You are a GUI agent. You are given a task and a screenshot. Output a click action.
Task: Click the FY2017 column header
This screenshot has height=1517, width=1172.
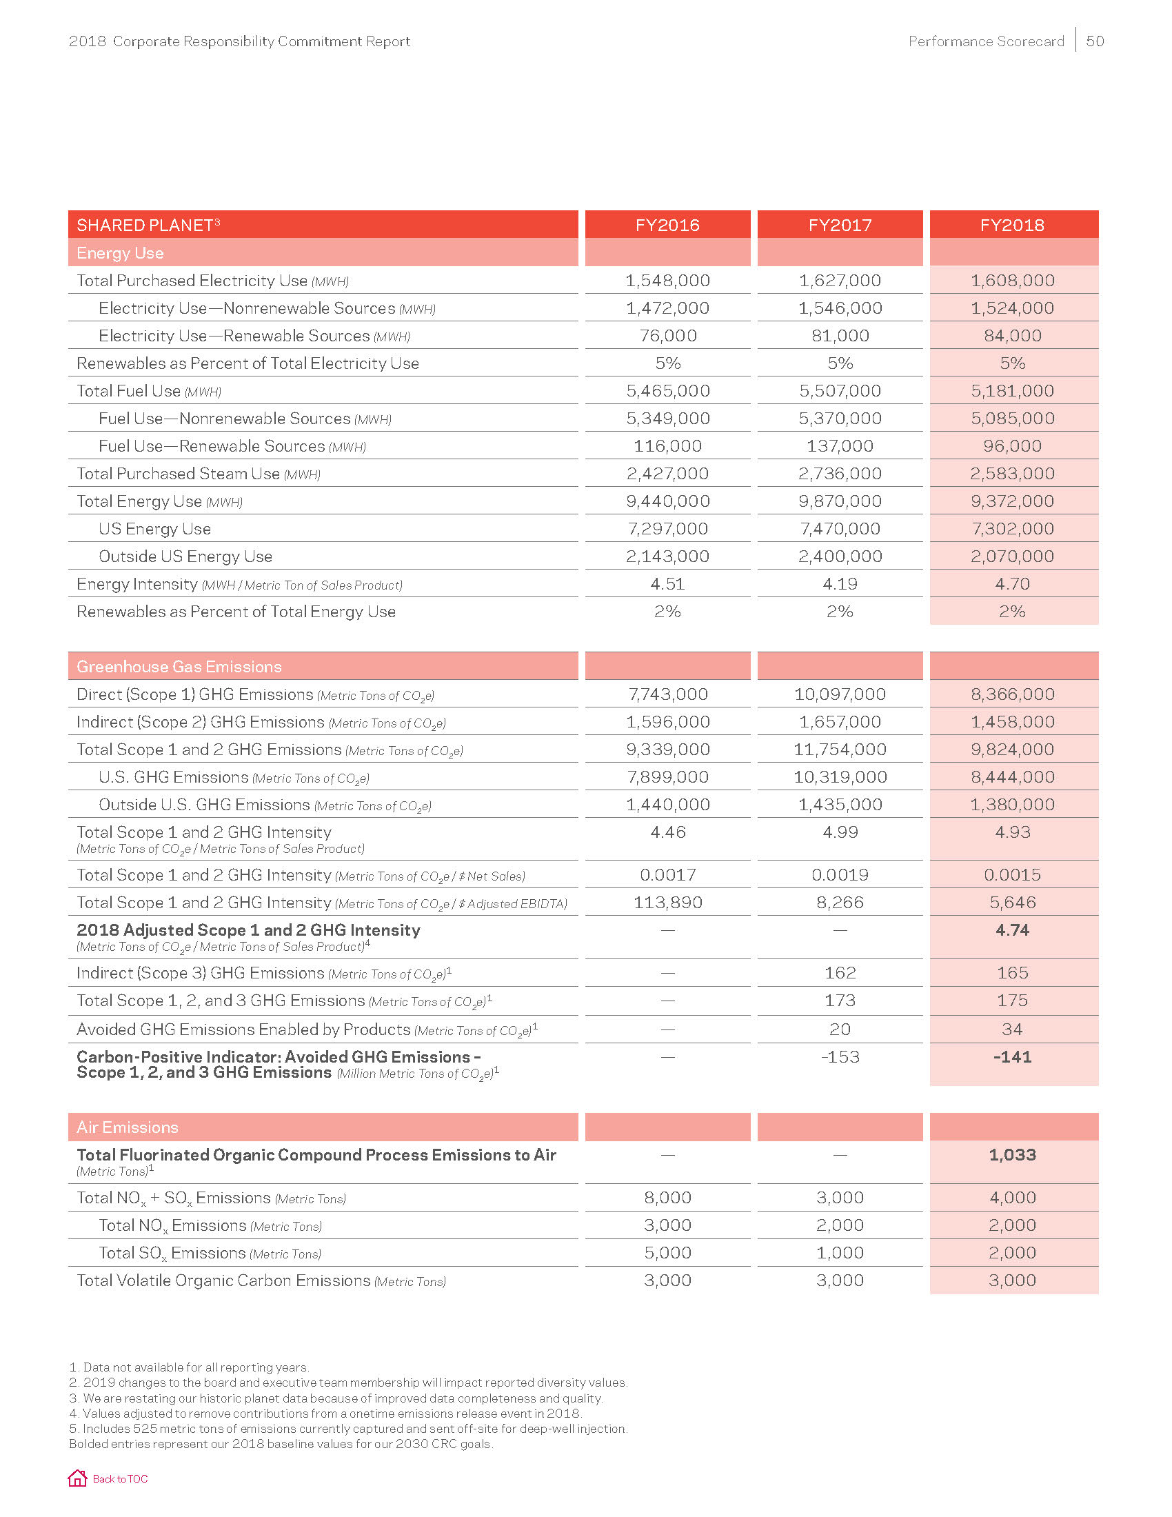tap(840, 225)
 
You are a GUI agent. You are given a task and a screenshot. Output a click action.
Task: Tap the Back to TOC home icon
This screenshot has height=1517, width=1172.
tap(77, 1478)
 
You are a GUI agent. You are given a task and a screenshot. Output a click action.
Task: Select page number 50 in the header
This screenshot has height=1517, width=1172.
tap(1095, 41)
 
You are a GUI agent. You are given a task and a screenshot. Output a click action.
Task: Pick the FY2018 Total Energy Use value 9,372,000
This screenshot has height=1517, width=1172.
tap(1012, 501)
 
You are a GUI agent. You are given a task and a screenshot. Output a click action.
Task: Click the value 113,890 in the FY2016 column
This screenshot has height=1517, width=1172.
tap(667, 903)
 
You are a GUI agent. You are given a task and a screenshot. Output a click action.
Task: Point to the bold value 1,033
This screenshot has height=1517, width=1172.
tap(1012, 1154)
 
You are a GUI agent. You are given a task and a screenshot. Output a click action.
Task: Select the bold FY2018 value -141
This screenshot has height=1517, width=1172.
tap(1012, 1057)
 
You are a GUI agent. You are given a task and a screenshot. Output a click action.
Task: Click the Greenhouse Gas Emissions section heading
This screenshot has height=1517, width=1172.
tap(179, 667)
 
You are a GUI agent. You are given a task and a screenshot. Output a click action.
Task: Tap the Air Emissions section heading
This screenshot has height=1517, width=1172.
tap(127, 1127)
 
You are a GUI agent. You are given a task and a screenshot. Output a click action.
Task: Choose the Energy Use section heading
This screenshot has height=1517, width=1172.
tap(120, 253)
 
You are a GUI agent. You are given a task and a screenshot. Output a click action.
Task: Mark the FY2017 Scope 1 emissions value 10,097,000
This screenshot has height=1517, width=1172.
tap(840, 694)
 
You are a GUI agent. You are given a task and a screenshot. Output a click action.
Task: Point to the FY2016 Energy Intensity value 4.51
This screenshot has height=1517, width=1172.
tap(667, 584)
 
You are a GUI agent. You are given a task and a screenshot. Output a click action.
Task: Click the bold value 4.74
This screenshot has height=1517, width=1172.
tap(1012, 930)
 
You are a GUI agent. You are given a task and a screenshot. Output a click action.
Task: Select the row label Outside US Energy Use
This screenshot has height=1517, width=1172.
tap(185, 556)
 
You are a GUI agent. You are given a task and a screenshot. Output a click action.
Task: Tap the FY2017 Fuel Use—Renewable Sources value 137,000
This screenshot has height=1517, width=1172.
tap(840, 446)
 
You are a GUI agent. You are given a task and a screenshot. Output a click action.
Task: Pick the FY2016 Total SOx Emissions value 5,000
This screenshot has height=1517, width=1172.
tap(667, 1252)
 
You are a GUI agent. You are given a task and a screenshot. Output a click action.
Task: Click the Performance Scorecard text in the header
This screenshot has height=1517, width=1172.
tap(986, 41)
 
